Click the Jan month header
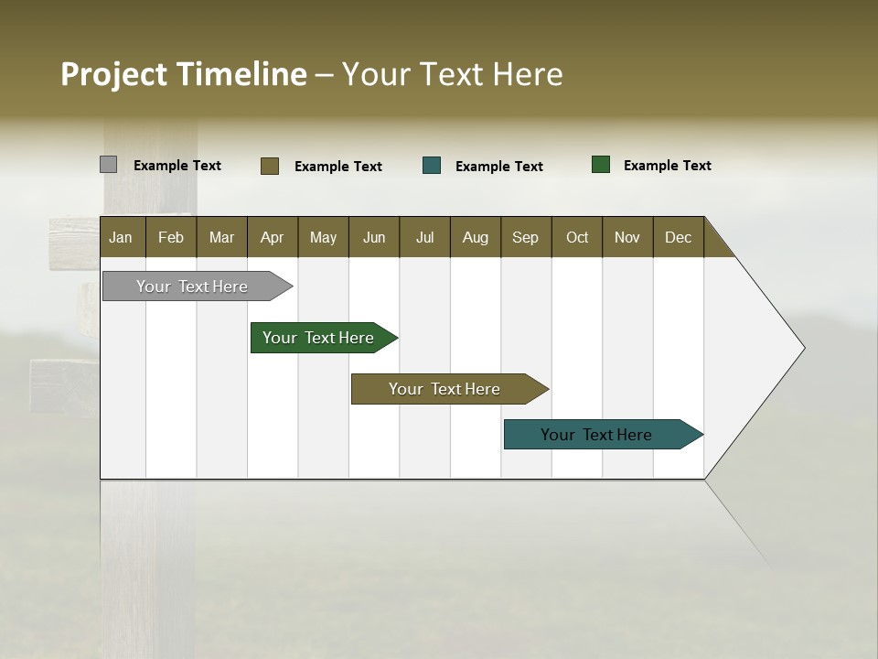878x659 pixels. [x=122, y=237]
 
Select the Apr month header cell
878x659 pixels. [x=273, y=237]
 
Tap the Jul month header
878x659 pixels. [x=424, y=237]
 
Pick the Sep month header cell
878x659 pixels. [x=525, y=237]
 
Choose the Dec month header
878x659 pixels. [x=678, y=237]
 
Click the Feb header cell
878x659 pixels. [x=171, y=237]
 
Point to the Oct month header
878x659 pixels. [x=577, y=237]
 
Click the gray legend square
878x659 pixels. [x=108, y=165]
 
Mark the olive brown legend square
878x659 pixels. [x=270, y=166]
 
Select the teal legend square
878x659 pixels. [x=432, y=166]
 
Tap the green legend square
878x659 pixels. [x=601, y=165]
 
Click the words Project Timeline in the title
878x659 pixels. [x=183, y=74]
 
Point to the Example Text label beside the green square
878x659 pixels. [x=667, y=166]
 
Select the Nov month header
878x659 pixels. [x=627, y=237]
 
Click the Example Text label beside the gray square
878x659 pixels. [x=177, y=166]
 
